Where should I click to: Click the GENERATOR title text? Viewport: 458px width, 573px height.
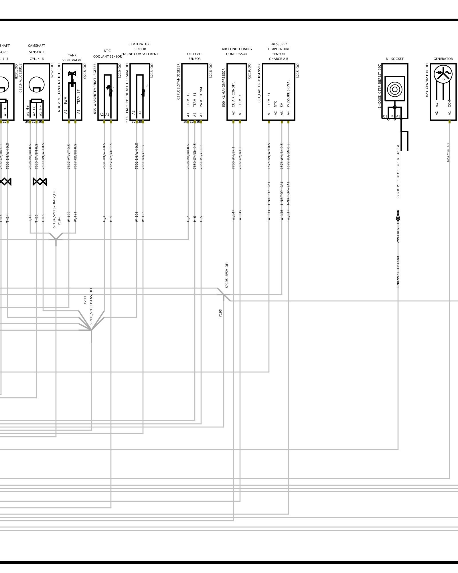click(443, 59)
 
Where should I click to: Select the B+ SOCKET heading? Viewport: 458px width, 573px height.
click(394, 59)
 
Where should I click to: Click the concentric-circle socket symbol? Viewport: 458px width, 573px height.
click(394, 89)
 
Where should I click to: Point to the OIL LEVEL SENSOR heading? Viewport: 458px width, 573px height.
click(195, 56)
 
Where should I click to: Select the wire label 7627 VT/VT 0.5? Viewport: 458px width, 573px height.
click(69, 156)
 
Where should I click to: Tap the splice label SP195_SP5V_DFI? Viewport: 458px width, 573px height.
click(227, 275)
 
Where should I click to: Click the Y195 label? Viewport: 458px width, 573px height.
click(220, 313)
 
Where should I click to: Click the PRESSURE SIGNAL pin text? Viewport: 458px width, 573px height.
click(289, 93)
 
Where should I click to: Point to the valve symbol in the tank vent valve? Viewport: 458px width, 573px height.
click(72, 74)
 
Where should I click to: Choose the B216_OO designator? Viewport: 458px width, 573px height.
click(211, 71)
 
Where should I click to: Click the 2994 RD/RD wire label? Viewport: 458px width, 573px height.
click(398, 232)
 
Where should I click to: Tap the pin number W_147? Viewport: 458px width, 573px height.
click(233, 215)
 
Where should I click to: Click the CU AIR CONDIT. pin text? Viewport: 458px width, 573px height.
click(233, 95)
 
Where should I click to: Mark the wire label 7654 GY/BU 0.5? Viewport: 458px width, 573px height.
click(448, 153)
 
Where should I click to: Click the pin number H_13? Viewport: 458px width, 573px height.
click(30, 219)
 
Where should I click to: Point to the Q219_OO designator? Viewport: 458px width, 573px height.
click(249, 71)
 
